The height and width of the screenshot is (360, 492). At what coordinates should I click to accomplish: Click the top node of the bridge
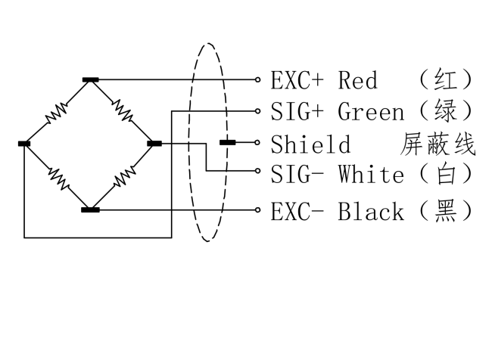[91, 79]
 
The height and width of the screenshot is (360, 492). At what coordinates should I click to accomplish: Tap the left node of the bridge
[24, 144]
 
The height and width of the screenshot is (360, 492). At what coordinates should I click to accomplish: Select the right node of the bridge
[154, 144]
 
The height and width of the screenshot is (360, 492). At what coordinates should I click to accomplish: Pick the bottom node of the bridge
[90, 209]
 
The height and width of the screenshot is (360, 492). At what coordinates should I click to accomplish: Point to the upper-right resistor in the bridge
[123, 110]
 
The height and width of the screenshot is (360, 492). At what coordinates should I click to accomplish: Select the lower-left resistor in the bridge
[59, 178]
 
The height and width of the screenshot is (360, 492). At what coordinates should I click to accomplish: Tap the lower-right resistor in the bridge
[125, 177]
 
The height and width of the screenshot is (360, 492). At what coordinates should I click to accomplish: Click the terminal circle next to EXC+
[257, 79]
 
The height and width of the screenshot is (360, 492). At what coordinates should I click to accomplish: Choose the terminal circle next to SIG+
[257, 111]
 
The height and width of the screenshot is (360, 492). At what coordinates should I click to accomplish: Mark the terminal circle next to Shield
[257, 143]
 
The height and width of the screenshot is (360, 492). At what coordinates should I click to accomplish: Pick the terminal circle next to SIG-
[257, 171]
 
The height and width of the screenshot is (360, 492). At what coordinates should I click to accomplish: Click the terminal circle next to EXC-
[257, 209]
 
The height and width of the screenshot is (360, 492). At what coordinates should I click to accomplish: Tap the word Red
[358, 80]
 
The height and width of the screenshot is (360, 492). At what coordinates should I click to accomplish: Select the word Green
[371, 112]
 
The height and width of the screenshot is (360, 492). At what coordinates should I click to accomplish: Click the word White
[371, 174]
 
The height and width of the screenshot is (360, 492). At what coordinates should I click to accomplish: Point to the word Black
[371, 212]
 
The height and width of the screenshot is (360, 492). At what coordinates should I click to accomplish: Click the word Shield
[310, 144]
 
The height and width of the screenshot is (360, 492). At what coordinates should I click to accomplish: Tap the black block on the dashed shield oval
[228, 143]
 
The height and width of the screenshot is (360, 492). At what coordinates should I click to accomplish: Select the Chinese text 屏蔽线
[438, 144]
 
